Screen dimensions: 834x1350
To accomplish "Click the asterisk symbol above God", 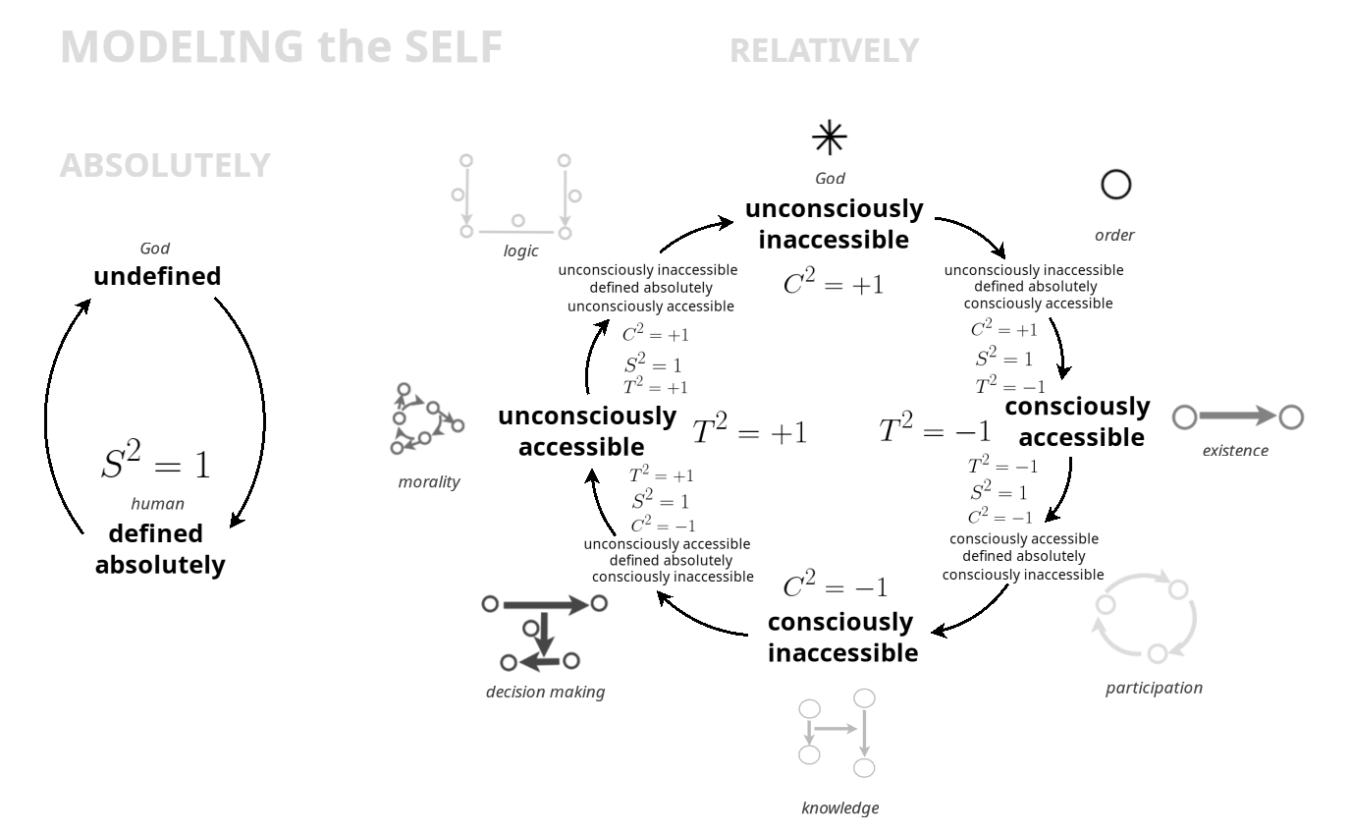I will (x=830, y=139).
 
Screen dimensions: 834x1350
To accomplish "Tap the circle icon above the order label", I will (x=1116, y=184).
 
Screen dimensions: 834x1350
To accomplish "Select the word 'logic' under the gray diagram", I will (x=520, y=250).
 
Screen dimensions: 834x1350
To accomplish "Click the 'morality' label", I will (x=429, y=481).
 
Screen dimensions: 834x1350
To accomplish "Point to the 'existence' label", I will (x=1235, y=450).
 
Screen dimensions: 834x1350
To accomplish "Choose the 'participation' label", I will (x=1154, y=688).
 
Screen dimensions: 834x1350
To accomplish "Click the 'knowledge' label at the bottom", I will (x=839, y=807).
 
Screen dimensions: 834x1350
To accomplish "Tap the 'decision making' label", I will (x=545, y=692).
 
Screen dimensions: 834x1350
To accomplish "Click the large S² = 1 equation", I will (x=155, y=463).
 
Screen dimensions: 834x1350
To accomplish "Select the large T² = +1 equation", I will (x=749, y=431).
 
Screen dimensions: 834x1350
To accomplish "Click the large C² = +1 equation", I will (x=834, y=284).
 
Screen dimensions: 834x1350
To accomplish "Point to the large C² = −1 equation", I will (x=836, y=587).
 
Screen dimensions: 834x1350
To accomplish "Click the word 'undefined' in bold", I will (x=157, y=276).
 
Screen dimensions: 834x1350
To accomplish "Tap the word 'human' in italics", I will (x=157, y=504).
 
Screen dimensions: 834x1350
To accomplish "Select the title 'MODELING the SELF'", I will (x=282, y=47).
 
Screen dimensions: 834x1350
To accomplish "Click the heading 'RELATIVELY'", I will (x=824, y=51).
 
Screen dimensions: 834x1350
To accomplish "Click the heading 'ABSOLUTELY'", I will (x=165, y=166).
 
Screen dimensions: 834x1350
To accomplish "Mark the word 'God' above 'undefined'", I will (x=155, y=249).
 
